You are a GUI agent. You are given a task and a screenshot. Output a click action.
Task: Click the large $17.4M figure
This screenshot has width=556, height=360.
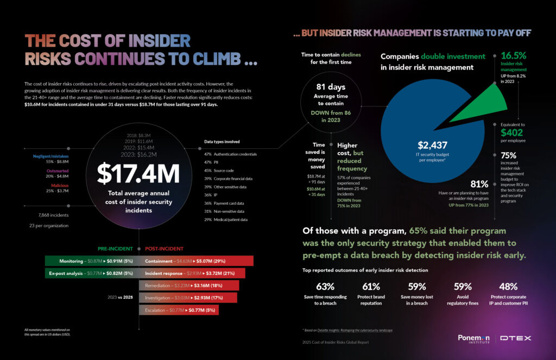tap(138, 173)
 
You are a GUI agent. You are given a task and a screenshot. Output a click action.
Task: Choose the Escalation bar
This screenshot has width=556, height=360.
tap(181, 310)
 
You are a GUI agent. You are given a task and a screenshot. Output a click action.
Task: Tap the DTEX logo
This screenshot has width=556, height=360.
tap(516, 338)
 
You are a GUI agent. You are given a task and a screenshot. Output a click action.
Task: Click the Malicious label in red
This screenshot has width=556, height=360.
tap(56, 185)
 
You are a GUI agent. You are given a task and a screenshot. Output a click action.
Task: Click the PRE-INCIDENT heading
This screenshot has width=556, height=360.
tap(115, 249)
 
